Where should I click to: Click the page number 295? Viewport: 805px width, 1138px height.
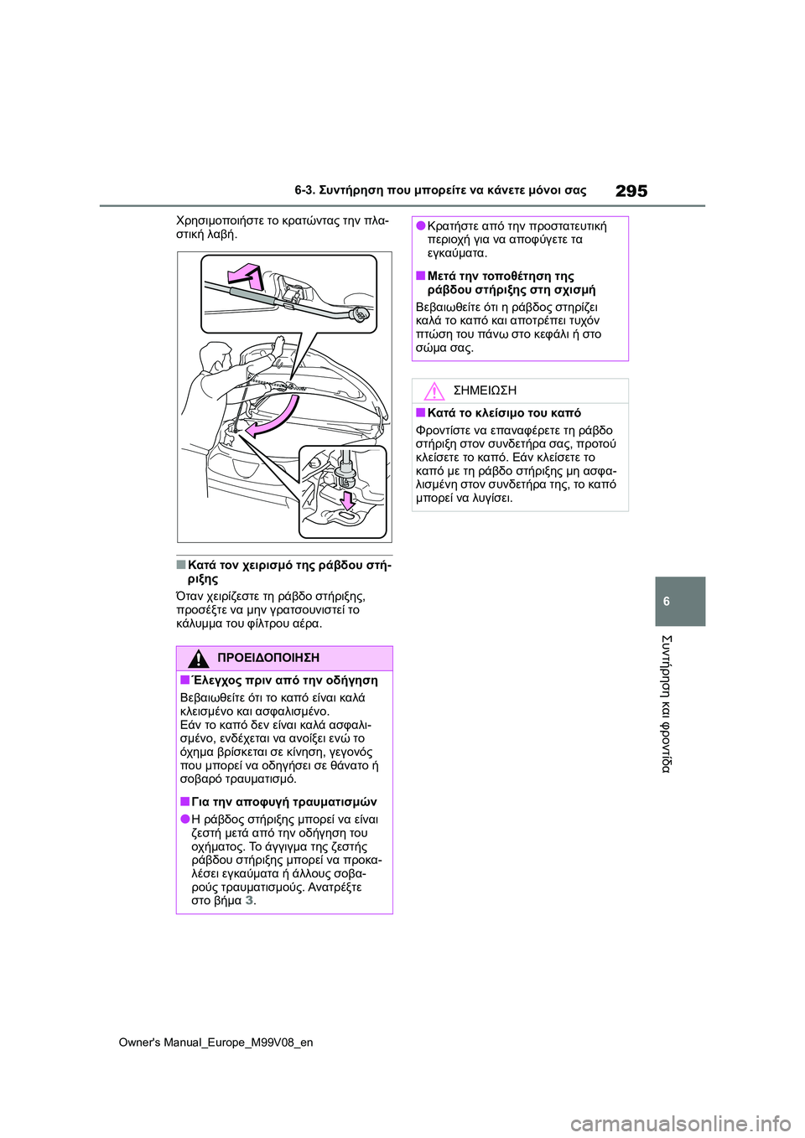pos(631,191)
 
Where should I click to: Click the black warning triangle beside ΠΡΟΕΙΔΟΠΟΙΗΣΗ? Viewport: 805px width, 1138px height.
pos(199,658)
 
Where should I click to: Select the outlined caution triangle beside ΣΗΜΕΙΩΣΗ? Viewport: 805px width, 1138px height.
pos(434,391)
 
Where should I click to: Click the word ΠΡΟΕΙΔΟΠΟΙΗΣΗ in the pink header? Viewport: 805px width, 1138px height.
pos(267,658)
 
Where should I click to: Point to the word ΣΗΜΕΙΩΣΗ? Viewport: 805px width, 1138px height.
pos(485,391)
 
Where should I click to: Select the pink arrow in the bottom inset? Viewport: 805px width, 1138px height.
pos(345,500)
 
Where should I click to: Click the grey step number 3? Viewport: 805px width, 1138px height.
pos(248,901)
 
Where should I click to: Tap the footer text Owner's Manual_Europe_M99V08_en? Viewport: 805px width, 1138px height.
pos(216,1042)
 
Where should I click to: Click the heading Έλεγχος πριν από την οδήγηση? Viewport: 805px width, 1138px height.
pos(284,680)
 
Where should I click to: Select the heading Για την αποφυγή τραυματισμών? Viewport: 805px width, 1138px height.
pos(283,802)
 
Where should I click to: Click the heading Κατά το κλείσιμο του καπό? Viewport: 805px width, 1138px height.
pos(503,413)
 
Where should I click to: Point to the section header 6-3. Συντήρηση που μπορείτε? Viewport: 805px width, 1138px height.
pos(440,191)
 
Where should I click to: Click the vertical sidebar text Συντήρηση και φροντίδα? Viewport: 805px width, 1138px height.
pos(667,704)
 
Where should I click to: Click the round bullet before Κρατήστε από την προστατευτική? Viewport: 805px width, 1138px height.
pos(421,226)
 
